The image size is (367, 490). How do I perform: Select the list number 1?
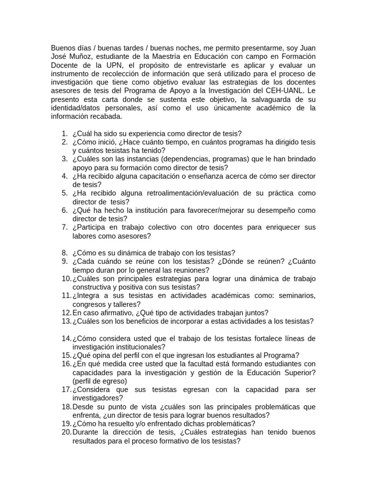tap(65, 134)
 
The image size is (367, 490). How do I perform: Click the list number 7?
tap(65, 227)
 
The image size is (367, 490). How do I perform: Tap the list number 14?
tap(66, 338)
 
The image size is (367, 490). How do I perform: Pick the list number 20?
tap(66, 432)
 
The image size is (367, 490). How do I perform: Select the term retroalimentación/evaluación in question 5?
tap(204, 193)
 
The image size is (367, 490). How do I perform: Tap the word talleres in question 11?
tap(125, 304)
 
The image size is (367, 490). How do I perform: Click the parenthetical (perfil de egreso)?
tap(99, 381)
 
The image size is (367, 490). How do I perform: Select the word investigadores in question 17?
tap(97, 398)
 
